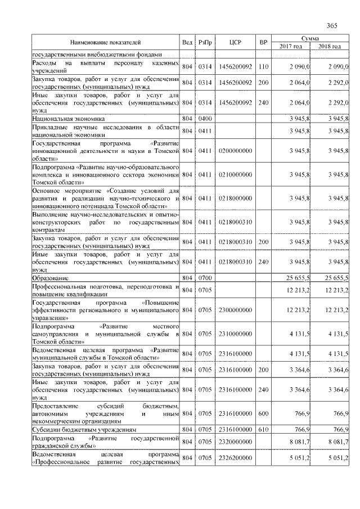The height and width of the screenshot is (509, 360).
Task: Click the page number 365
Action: tap(331, 25)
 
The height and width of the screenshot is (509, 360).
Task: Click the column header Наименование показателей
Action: tap(105, 42)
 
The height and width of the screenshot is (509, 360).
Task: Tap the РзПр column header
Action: tap(205, 42)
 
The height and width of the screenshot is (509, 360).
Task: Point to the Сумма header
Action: tap(310, 38)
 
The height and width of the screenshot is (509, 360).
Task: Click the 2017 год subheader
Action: tap(291, 46)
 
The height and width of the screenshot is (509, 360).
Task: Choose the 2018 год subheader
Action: tap(330, 46)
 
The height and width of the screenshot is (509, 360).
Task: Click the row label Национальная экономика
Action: tap(64, 120)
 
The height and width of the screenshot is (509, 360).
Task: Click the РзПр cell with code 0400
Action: tap(205, 120)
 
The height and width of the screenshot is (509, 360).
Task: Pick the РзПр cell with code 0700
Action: tap(205, 278)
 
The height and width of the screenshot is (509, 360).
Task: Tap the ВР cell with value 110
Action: tap(263, 67)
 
